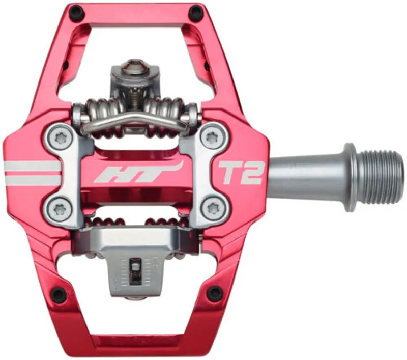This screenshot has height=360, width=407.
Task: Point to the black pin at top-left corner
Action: [x=75, y=11]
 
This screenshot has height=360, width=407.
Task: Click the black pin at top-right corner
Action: [x=195, y=11]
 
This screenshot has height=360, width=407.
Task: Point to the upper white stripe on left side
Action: [x=32, y=166]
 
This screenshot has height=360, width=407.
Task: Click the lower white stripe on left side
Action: [x=32, y=180]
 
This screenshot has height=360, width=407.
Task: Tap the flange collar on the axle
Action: [x=350, y=177]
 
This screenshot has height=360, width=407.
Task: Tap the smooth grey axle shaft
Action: [x=305, y=177]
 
